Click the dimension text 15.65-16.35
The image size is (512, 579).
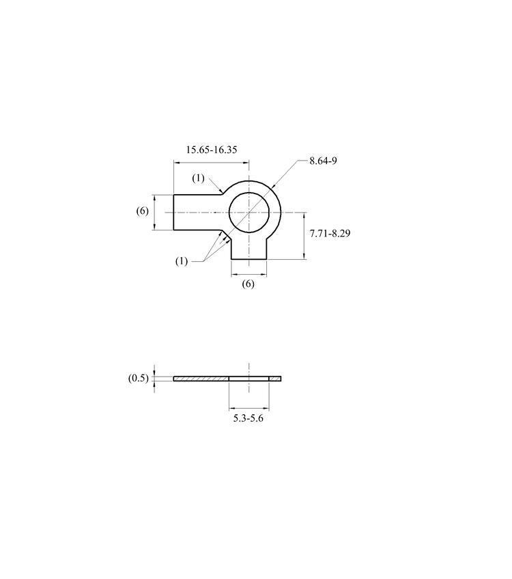(212, 150)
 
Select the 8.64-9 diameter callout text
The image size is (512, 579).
(323, 161)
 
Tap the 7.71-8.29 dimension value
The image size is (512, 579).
(330, 233)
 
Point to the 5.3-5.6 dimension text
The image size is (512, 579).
(248, 418)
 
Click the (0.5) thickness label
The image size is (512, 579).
(139, 378)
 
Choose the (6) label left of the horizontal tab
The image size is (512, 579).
(143, 211)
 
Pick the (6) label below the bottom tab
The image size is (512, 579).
(248, 284)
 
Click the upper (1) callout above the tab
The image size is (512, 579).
(198, 178)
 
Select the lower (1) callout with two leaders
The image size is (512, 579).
(182, 261)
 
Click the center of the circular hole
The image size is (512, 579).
(249, 213)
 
